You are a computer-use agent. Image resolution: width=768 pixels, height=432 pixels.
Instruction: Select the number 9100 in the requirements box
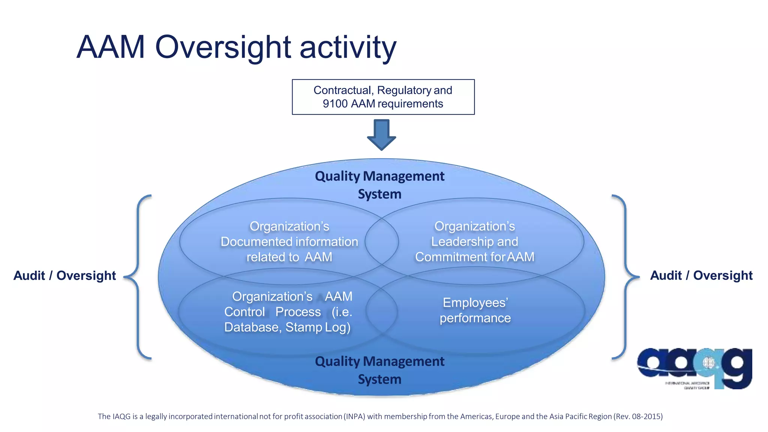pyautogui.click(x=335, y=104)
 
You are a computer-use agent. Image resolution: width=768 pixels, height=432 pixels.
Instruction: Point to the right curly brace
pyautogui.click(x=625, y=277)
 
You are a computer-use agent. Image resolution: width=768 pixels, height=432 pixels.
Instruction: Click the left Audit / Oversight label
pyautogui.click(x=64, y=276)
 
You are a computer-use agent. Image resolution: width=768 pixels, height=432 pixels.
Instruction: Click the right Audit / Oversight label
pyautogui.click(x=701, y=276)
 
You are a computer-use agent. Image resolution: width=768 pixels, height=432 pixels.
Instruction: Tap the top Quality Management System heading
pyautogui.click(x=379, y=185)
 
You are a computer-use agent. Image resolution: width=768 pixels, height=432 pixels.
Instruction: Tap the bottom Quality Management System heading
pyautogui.click(x=379, y=370)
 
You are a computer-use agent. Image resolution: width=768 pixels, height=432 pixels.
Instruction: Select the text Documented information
pyautogui.click(x=289, y=242)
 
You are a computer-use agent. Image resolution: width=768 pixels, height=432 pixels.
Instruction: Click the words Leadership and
pyautogui.click(x=474, y=242)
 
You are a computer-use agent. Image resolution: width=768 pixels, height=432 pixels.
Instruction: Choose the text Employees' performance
pyautogui.click(x=475, y=310)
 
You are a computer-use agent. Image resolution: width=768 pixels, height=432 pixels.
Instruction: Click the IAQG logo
pyautogui.click(x=694, y=368)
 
